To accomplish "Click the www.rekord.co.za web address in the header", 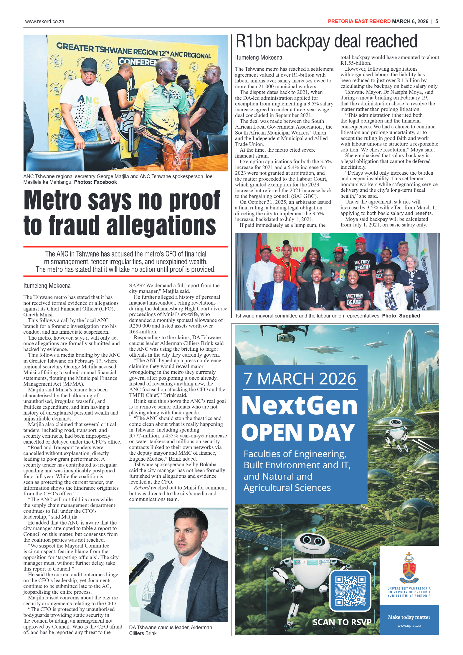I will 45,21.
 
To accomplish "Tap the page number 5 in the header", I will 436,21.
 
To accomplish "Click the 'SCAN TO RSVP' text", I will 342,622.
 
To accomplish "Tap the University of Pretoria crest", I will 409,568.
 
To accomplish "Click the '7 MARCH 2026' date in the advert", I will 300,379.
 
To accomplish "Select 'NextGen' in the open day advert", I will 299,406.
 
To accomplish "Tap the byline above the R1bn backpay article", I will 258,58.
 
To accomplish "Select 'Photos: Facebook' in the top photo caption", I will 95,182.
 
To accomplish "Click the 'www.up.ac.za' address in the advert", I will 409,626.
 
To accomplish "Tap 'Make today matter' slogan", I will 409,617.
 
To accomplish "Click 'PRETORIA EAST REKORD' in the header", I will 359,21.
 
